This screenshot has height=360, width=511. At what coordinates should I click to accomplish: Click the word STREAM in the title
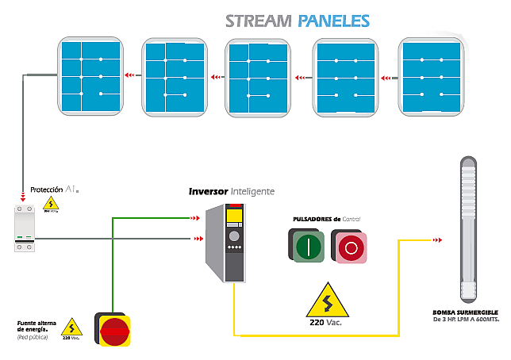pos(259,21)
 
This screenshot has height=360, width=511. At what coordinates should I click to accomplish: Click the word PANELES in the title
pos(334,21)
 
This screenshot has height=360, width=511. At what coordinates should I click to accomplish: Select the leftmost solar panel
pos(91,76)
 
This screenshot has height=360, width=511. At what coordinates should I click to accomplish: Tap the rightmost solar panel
pos(432,76)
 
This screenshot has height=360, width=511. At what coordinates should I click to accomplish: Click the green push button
pos(307,247)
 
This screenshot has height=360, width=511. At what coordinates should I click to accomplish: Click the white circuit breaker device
pos(24,228)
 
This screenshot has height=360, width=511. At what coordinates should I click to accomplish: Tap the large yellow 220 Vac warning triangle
pos(326,301)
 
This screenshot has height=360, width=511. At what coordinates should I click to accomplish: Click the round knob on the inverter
pos(233,236)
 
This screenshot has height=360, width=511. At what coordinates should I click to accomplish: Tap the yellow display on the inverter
pos(234,217)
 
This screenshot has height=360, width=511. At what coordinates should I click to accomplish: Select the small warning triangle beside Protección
pos(51,203)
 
